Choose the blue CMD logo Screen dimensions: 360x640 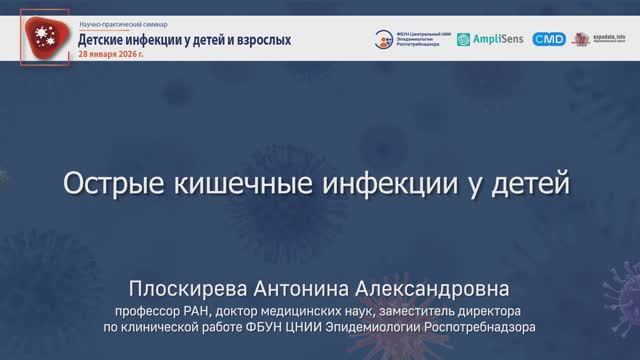pos(549,39)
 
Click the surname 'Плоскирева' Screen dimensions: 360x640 pos(195,288)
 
